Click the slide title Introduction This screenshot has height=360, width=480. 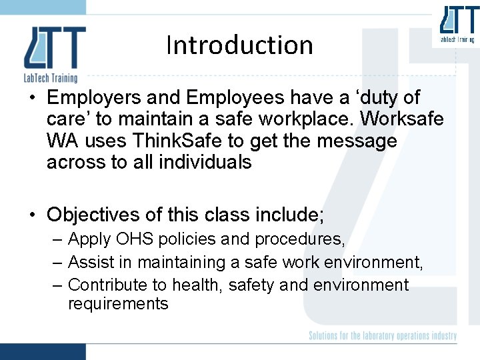[239, 45]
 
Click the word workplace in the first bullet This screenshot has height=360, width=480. [301, 120]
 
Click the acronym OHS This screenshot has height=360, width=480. [127, 239]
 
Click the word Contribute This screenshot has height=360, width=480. [107, 285]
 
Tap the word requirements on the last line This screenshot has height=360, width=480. [118, 304]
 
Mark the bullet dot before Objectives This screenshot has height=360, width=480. [31, 215]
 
